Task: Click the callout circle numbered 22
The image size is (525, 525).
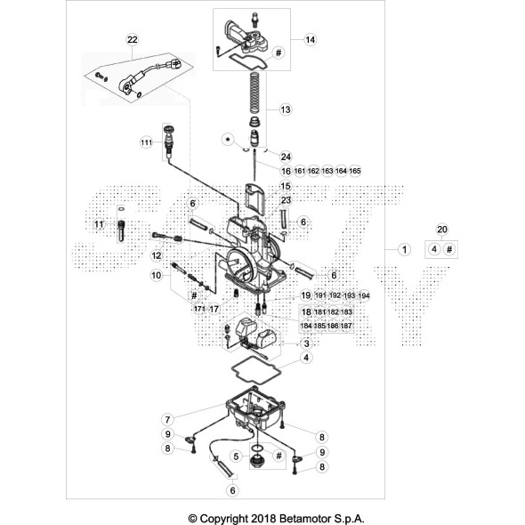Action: (133, 39)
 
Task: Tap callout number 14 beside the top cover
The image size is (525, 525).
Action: (310, 40)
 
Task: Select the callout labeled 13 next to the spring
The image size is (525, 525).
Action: (286, 109)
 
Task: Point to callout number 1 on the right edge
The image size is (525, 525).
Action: (404, 250)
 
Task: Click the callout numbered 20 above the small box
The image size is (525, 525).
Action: (441, 230)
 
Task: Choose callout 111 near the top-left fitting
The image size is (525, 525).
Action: (147, 142)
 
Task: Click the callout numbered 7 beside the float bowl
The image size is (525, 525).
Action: (166, 418)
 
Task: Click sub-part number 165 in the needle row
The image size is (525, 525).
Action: (355, 170)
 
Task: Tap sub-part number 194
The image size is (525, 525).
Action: (363, 295)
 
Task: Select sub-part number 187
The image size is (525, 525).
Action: (346, 327)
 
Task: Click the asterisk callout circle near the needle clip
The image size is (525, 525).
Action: (228, 140)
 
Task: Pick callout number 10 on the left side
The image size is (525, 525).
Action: (156, 276)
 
